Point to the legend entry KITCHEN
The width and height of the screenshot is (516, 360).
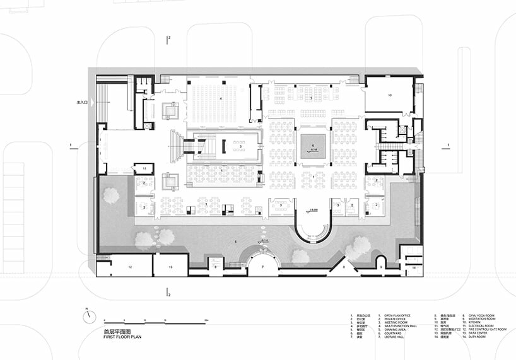pyautogui.click(x=475, y=322)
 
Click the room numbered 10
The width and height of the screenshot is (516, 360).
pyautogui.click(x=390, y=95)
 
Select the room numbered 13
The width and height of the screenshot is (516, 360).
pyautogui.click(x=170, y=267)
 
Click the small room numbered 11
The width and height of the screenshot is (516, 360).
pyautogui.click(x=144, y=168)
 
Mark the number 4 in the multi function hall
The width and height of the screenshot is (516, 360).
pyautogui.click(x=221, y=99)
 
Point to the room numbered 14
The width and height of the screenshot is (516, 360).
pyautogui.click(x=414, y=268)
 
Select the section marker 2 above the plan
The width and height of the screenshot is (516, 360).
pyautogui.click(x=168, y=39)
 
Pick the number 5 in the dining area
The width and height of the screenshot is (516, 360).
pyautogui.click(x=311, y=99)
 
